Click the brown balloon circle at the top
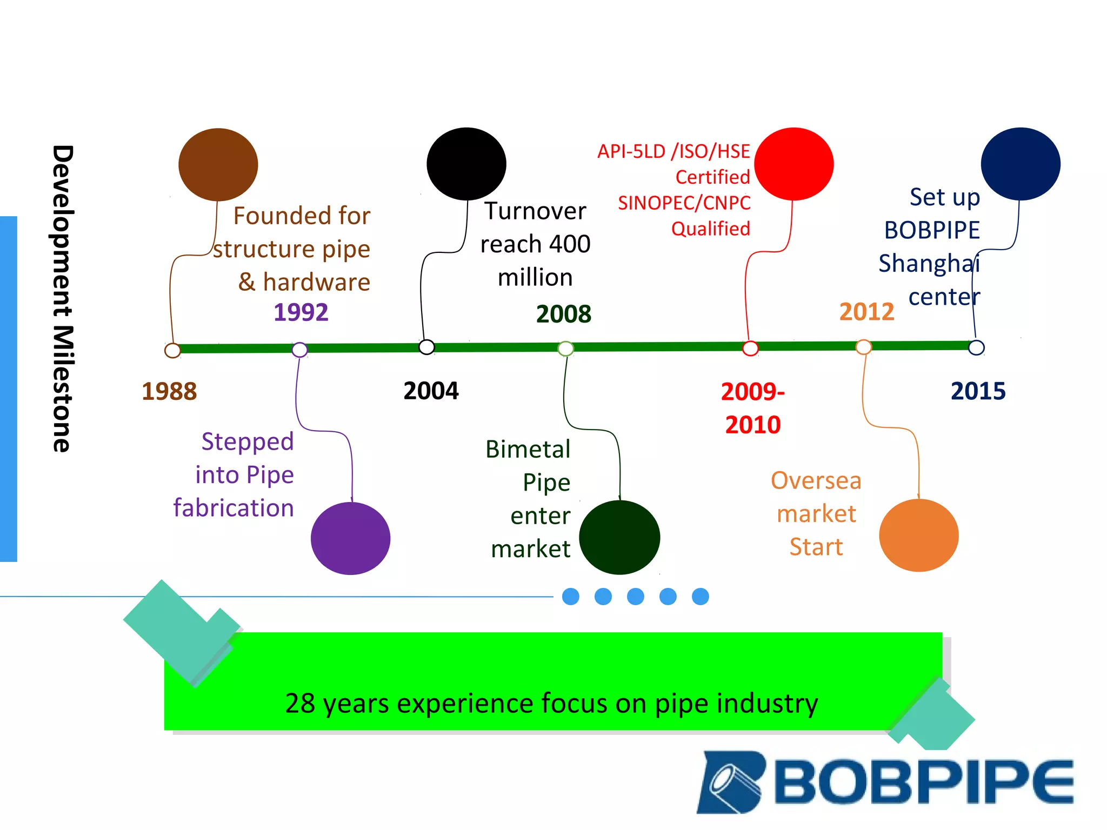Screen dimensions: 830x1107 (x=218, y=164)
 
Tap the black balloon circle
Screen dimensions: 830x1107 (x=466, y=164)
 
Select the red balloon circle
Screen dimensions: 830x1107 (x=793, y=164)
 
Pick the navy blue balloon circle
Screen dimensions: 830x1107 (x=1021, y=164)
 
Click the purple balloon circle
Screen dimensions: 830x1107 (x=350, y=538)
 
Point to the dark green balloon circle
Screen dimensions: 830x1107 (x=619, y=537)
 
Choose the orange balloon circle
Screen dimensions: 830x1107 (x=919, y=535)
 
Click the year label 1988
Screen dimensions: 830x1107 (x=169, y=391)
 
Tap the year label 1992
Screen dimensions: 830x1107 (x=301, y=312)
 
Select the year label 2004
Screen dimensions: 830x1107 (x=431, y=391)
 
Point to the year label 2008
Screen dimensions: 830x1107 (x=564, y=314)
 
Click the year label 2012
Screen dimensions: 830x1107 (x=866, y=312)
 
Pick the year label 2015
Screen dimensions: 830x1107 (x=978, y=391)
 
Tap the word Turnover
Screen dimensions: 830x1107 (x=535, y=211)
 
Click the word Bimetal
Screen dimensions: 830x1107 (x=528, y=449)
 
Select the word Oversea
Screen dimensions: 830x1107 (x=816, y=480)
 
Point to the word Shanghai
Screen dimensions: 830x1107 (x=929, y=264)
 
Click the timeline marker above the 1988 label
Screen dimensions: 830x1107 (x=172, y=350)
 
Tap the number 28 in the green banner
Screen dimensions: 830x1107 (x=300, y=703)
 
